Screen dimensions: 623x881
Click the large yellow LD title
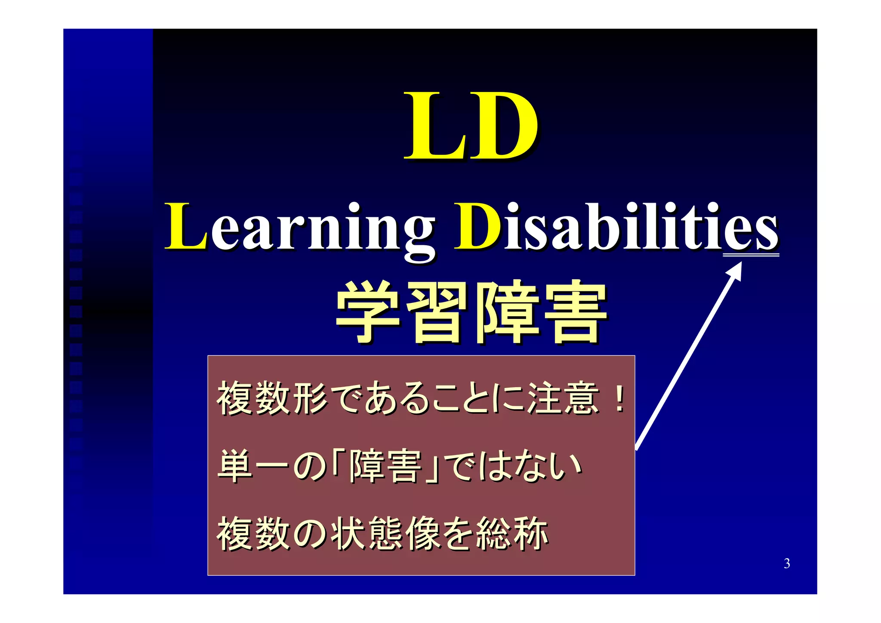coord(471,126)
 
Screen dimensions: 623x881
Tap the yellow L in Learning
coord(186,226)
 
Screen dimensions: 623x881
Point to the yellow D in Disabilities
coord(477,226)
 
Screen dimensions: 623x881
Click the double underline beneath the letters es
coord(751,255)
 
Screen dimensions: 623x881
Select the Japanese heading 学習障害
coord(471,312)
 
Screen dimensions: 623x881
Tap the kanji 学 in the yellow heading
coord(368,312)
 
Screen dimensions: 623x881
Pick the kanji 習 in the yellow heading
coord(437,312)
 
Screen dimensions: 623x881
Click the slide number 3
coord(787,564)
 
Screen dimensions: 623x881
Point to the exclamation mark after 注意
coord(619,398)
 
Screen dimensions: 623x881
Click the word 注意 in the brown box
coord(564,398)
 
